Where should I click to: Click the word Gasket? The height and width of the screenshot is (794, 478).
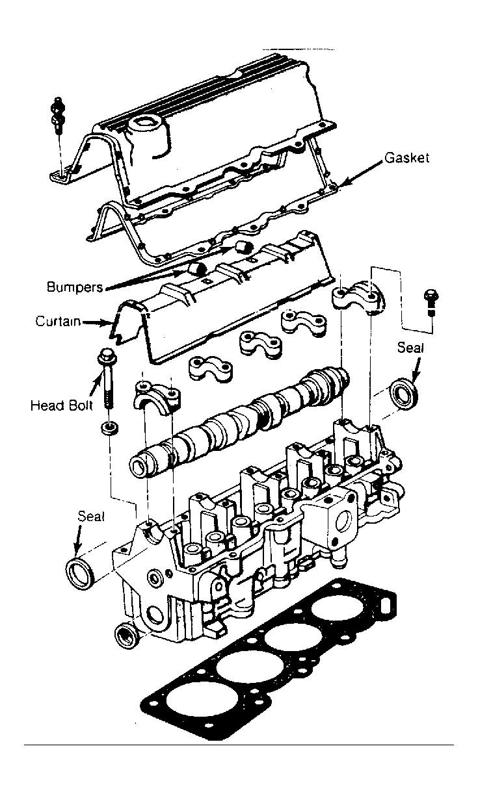click(x=406, y=157)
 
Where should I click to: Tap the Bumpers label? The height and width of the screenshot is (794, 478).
click(x=75, y=287)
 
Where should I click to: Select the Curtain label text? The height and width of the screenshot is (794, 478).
click(x=58, y=321)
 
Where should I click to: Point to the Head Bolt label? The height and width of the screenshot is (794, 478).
click(x=61, y=405)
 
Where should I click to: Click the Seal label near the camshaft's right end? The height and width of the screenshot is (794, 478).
click(x=410, y=348)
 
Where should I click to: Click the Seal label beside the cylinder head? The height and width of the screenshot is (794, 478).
click(x=91, y=516)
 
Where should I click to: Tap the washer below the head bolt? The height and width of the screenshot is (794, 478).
click(x=109, y=428)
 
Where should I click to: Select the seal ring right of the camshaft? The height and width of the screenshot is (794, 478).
click(x=403, y=393)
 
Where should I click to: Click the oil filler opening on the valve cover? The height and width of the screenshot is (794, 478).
click(x=145, y=123)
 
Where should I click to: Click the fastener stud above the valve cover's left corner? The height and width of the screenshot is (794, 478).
click(x=57, y=114)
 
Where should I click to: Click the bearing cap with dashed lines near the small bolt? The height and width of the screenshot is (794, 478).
click(x=358, y=296)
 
